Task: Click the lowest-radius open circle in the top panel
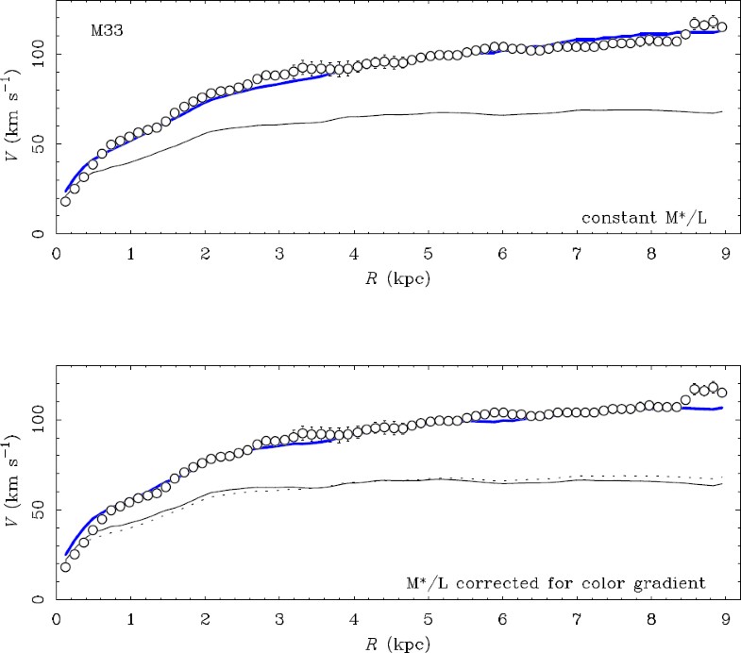click(x=65, y=201)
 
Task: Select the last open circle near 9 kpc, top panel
click(x=722, y=27)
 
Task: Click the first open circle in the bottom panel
click(x=65, y=566)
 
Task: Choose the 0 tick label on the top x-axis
click(x=57, y=254)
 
